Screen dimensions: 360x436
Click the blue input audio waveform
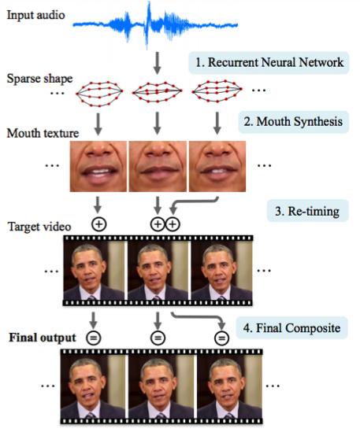[x=155, y=25]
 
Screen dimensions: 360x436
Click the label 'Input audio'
[x=36, y=15]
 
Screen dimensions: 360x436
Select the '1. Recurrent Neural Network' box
[x=269, y=62]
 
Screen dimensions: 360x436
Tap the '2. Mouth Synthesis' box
[x=294, y=121]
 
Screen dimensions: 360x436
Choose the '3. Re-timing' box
[x=307, y=211]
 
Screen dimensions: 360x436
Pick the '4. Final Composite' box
[x=291, y=328]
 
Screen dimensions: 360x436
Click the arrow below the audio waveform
[x=158, y=63]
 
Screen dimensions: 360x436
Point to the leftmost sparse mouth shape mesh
[x=99, y=94]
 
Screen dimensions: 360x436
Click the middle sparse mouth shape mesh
[x=157, y=91]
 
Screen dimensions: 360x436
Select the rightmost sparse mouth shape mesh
[x=217, y=91]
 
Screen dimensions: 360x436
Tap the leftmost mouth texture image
[x=98, y=166]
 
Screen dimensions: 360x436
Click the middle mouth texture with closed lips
[x=158, y=166]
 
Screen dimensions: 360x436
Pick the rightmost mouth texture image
[x=217, y=166]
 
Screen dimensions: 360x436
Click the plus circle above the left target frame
[x=98, y=224]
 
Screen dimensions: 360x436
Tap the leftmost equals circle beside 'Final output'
[x=94, y=338]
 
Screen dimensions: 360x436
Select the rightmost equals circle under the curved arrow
[x=221, y=338]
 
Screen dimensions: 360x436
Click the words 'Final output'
[x=43, y=338]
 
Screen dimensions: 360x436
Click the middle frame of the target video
[x=158, y=270]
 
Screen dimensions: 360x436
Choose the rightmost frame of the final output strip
[x=229, y=387]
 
